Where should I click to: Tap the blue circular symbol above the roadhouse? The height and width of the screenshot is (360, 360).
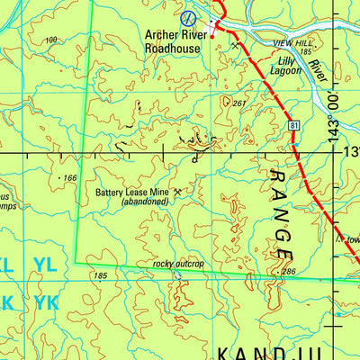coord(187,17)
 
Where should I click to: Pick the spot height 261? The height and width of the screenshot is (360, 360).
coord(238,103)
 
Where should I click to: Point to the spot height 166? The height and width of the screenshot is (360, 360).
coord(69,178)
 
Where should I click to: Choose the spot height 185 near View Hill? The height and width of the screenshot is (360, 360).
coord(306,52)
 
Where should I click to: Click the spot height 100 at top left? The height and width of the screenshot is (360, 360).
coord(50,40)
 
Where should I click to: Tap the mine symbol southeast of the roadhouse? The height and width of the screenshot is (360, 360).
coord(236,45)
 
